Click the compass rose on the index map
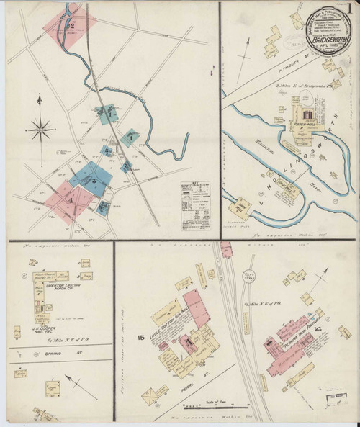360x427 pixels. click(x=41, y=130)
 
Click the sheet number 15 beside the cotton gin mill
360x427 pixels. click(x=141, y=336)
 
